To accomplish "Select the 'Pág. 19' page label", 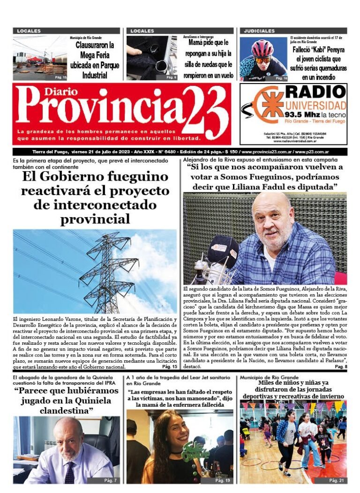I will click(x=222, y=481).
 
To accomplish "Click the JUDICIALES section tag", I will click(x=259, y=31).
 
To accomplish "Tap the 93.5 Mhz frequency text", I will click(x=300, y=114).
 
